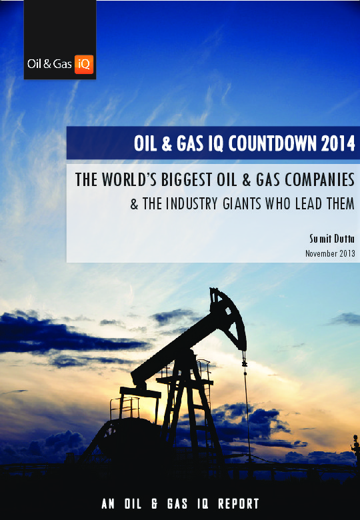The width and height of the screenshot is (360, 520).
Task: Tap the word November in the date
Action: (321, 253)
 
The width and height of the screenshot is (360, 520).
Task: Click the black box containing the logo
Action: (59, 39)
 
